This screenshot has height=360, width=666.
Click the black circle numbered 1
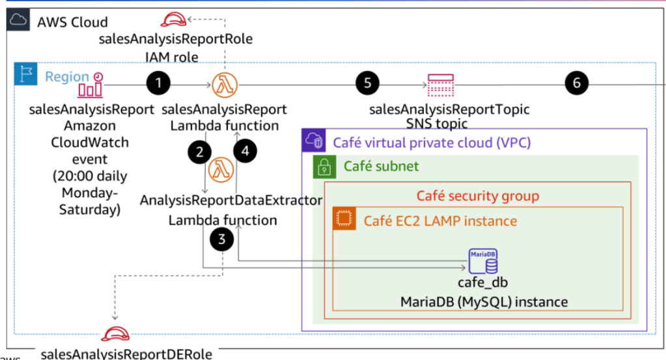pyautogui.click(x=159, y=83)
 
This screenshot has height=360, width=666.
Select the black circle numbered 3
pyautogui.click(x=223, y=239)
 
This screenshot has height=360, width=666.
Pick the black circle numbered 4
pyautogui.click(x=245, y=151)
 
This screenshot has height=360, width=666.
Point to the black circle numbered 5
pyautogui.click(x=368, y=83)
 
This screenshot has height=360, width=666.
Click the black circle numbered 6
pyautogui.click(x=577, y=83)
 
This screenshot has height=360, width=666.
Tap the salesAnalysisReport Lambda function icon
pyautogui.click(x=225, y=85)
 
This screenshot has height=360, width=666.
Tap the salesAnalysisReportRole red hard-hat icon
pyautogui.click(x=175, y=20)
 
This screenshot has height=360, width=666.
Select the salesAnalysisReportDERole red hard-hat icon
pyautogui.click(x=115, y=335)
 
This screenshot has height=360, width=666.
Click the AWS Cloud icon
pyautogui.click(x=18, y=21)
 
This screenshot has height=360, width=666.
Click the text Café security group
pyautogui.click(x=477, y=195)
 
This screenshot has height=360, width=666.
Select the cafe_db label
pyautogui.click(x=482, y=283)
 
